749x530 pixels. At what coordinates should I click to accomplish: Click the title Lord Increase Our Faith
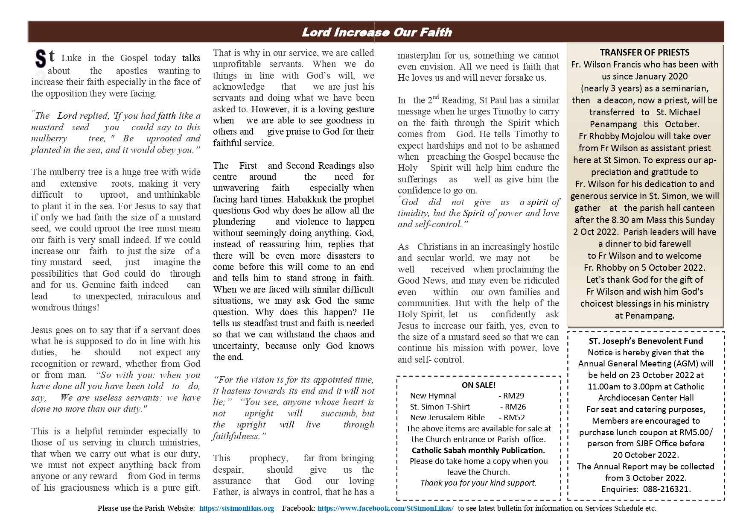(376, 32)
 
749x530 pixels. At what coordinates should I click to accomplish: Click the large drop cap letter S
(41, 59)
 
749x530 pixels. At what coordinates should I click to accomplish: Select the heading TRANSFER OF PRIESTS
(644, 53)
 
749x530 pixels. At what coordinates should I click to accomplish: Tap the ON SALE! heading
(478, 385)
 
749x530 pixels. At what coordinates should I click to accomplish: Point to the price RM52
(514, 418)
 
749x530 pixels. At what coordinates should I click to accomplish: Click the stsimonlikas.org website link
(236, 508)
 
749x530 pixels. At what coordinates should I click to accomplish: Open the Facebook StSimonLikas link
(385, 508)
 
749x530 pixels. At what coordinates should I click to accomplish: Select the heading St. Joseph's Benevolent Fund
(645, 341)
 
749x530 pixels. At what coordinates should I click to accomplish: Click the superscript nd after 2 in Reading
(435, 98)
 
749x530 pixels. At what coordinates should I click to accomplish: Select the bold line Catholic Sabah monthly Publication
(478, 450)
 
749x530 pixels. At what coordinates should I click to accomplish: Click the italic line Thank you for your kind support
(478, 483)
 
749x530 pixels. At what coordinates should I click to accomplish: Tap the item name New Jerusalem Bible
(447, 418)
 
